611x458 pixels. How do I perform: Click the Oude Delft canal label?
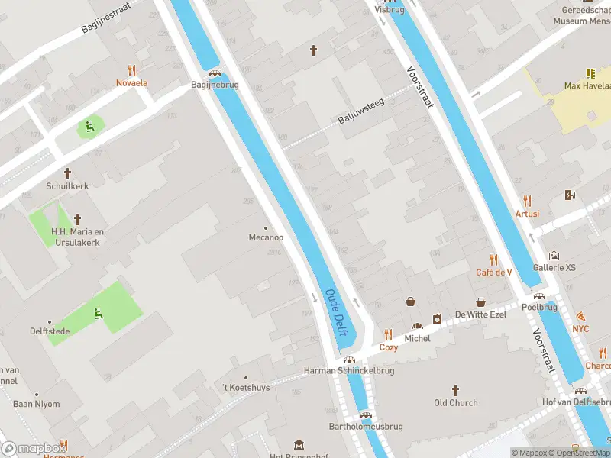[337, 311]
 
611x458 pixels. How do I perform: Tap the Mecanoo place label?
[266, 237]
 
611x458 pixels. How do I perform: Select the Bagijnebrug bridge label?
[215, 85]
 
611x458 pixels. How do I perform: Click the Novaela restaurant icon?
[131, 69]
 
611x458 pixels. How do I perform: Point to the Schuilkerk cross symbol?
[67, 173]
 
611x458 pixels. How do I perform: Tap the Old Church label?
[456, 403]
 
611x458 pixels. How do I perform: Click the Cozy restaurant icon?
[389, 334]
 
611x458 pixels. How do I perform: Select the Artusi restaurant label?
[527, 214]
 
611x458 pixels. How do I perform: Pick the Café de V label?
[493, 273]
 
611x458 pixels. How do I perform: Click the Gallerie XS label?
[554, 268]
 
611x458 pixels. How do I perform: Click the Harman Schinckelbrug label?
[349, 371]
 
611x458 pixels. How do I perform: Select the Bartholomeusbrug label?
[365, 427]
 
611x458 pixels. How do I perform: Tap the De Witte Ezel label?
[481, 314]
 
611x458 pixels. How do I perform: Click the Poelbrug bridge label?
[539, 308]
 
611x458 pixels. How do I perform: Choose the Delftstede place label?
[49, 332]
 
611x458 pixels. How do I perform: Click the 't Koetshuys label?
[246, 388]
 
